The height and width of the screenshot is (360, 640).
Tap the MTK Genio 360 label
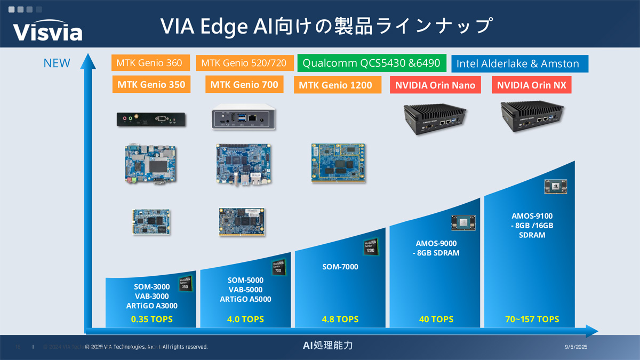tap(149, 63)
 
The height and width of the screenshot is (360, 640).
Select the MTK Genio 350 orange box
tap(151, 84)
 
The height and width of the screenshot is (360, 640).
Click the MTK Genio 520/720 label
tap(244, 63)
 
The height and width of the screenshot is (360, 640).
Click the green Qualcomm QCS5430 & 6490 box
tap(371, 63)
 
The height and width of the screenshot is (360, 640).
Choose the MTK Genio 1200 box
tap(335, 85)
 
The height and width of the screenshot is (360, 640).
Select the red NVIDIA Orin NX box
tap(532, 85)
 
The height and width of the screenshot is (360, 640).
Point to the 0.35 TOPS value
tap(152, 319)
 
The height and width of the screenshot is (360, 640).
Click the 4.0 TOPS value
tap(246, 319)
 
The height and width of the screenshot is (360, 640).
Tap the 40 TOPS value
tap(436, 319)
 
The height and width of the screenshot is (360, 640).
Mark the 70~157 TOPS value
tap(532, 319)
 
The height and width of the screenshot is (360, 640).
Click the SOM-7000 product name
tap(340, 267)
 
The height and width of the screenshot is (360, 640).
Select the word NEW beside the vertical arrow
tap(57, 63)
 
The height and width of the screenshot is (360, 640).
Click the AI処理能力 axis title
tap(327, 346)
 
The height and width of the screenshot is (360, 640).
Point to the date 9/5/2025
tap(575, 347)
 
